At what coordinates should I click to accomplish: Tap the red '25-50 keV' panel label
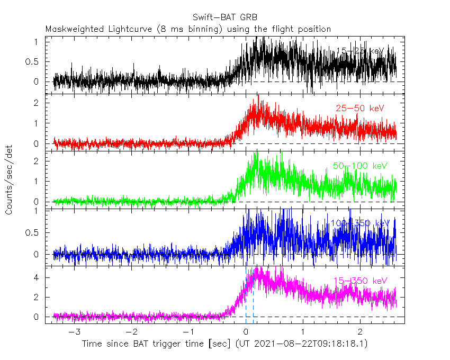359,109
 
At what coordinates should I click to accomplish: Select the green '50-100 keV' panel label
360,166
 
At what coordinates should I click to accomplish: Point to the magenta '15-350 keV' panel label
360,281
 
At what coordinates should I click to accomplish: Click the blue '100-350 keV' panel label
360,223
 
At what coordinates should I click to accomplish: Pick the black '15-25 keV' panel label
361,51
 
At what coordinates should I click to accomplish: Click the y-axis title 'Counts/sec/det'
10,181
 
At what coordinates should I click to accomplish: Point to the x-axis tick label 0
246,332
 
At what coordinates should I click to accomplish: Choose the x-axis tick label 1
303,332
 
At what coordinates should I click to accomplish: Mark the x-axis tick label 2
360,332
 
